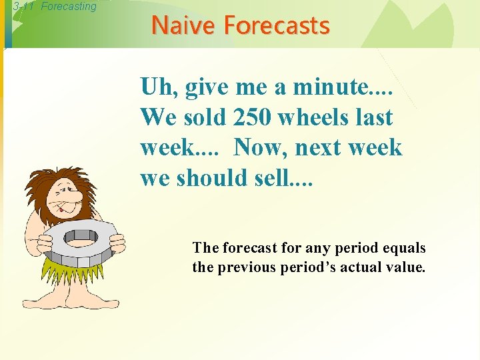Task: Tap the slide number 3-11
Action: click(x=25, y=7)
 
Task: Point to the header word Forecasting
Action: click(x=69, y=7)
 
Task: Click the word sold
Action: click(x=205, y=117)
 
